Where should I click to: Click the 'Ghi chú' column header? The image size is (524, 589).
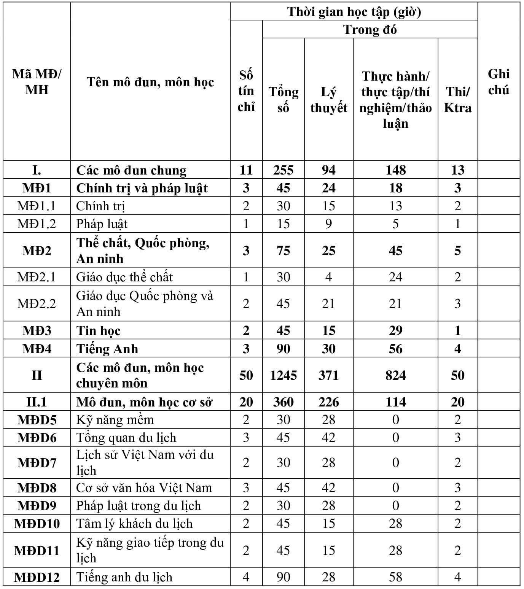pos(499,82)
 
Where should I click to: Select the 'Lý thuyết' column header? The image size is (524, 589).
pos(328,100)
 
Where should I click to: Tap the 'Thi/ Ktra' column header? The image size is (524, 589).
pos(457,100)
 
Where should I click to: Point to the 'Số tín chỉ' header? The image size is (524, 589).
pos(246,91)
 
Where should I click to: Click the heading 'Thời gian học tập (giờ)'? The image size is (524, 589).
pos(354,12)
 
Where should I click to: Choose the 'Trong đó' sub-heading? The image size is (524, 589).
pos(370,29)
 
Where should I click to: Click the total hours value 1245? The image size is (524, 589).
pos(283,375)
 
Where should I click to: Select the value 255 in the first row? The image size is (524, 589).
pos(283,170)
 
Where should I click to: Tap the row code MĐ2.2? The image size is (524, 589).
pos(37,303)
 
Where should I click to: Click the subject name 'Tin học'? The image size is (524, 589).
pos(98,330)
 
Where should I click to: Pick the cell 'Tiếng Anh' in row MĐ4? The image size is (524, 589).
pos(107,349)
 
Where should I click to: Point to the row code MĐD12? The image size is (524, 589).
pos(37,577)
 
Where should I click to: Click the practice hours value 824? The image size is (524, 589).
pos(395,375)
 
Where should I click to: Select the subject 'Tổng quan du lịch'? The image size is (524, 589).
pos(126,438)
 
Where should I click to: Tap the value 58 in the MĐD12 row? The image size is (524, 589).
pos(395,577)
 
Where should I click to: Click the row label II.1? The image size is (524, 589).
pos(37,402)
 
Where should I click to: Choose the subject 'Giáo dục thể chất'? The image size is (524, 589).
pos(124,277)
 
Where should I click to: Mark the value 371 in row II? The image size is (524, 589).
pos(328,375)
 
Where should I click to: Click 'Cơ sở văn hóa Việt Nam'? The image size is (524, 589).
pos(144,487)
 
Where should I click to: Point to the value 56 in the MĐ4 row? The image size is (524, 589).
pos(395,349)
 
